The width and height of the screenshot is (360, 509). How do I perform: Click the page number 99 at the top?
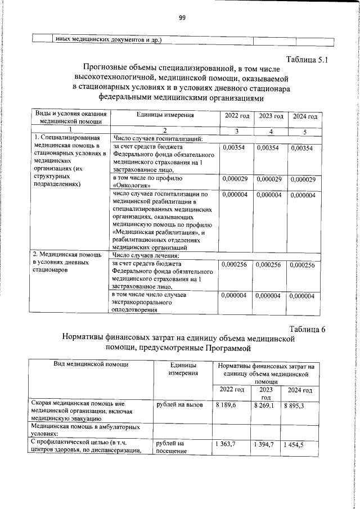tap(182, 18)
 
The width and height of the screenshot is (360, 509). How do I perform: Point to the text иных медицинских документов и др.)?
tap(108, 40)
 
